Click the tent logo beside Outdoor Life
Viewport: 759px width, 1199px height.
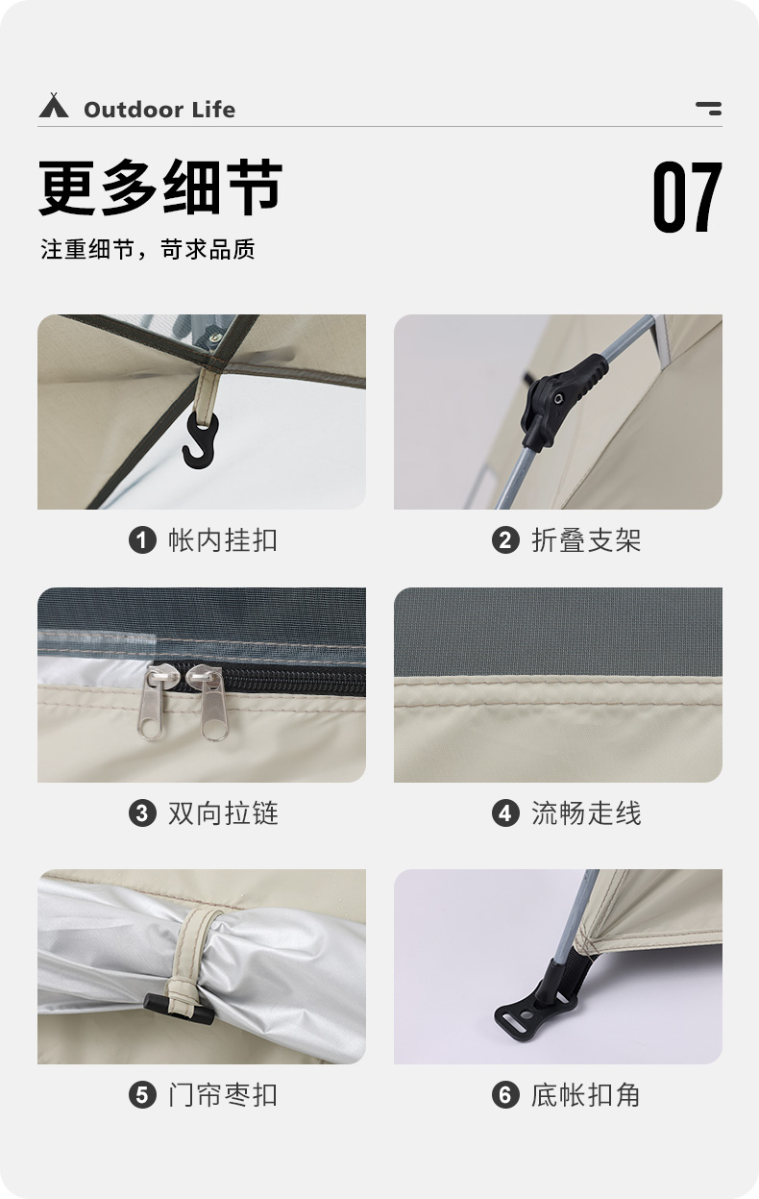click(x=54, y=106)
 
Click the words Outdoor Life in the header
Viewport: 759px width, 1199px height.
click(x=159, y=110)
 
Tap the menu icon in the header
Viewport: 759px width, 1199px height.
click(x=709, y=108)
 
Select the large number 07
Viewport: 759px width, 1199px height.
click(x=687, y=197)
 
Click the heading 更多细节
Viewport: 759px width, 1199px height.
click(x=160, y=188)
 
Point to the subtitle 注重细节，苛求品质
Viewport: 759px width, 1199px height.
click(x=148, y=250)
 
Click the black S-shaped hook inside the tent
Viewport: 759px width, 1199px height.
click(x=201, y=440)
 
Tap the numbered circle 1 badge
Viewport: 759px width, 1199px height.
click(x=142, y=540)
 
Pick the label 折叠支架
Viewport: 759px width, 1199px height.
click(x=586, y=540)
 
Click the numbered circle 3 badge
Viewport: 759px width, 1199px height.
click(x=142, y=813)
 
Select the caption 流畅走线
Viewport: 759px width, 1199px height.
click(x=586, y=813)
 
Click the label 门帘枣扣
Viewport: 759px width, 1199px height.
click(x=223, y=1094)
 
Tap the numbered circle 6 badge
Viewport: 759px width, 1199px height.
click(x=505, y=1094)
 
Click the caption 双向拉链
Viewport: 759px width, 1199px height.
click(x=223, y=813)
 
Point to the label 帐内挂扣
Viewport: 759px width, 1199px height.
click(x=223, y=540)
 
